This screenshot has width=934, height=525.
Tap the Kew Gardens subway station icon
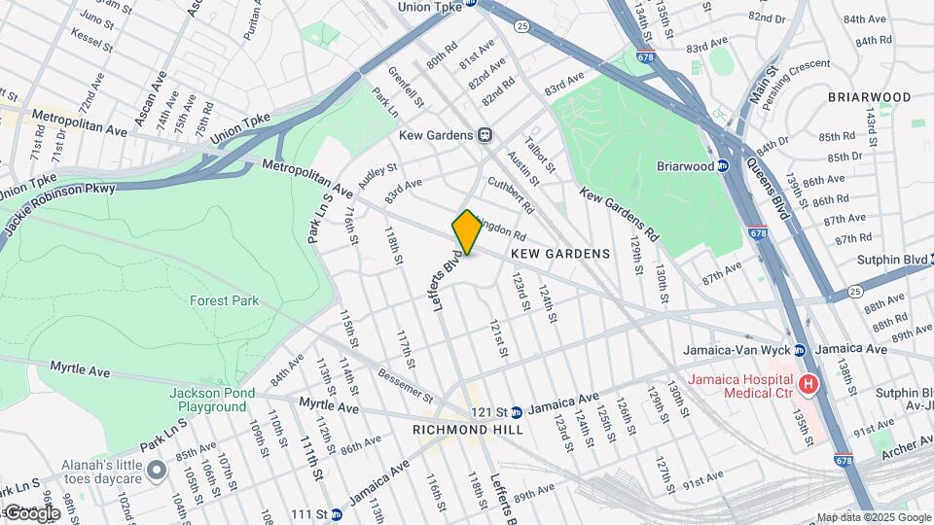click(485, 135)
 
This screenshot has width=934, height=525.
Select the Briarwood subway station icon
click(723, 166)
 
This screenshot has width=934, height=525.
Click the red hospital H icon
click(807, 386)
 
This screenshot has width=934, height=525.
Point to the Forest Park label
click(224, 301)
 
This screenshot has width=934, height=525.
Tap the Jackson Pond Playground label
click(212, 399)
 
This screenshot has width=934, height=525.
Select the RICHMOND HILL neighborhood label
click(468, 430)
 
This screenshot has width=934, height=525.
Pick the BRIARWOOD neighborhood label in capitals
click(870, 97)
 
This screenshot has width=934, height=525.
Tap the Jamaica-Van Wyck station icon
click(799, 349)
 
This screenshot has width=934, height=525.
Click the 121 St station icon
click(517, 411)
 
